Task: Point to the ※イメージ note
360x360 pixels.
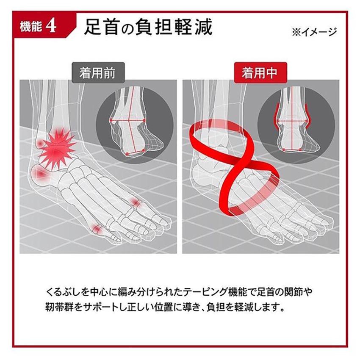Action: pos(314,32)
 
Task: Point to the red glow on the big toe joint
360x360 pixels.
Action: pos(98,229)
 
